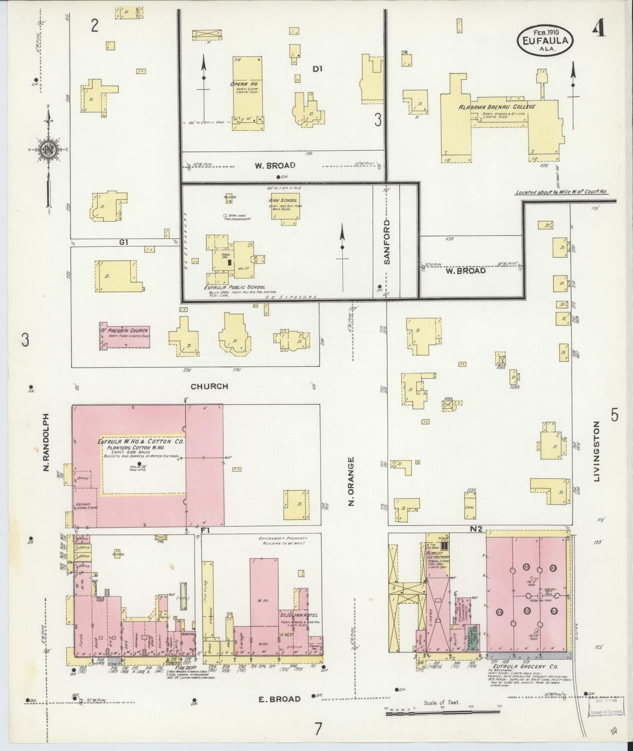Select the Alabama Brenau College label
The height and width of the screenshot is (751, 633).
[x=497, y=107]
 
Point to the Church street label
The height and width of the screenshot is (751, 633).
[x=209, y=386]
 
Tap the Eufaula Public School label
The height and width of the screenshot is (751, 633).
[x=234, y=287]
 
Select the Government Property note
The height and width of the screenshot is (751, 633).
[x=283, y=541]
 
